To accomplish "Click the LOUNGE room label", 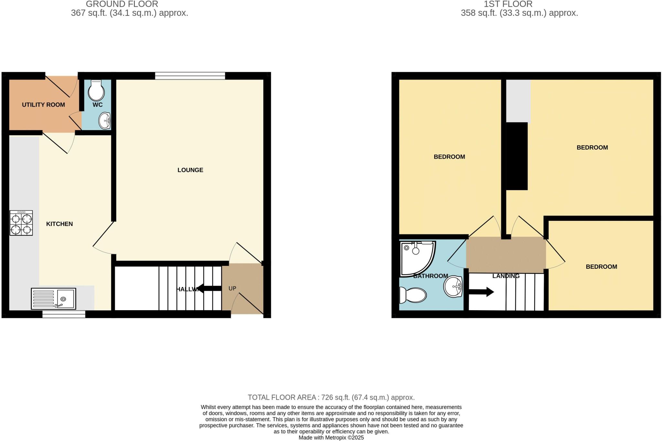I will pyautogui.click(x=190, y=170).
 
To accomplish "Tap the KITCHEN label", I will pyautogui.click(x=59, y=224).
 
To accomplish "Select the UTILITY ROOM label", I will pyautogui.click(x=43, y=105).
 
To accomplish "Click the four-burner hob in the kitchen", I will pyautogui.click(x=21, y=223).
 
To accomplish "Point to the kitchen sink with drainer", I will pyautogui.click(x=53, y=299).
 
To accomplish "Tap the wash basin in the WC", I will pyautogui.click(x=104, y=120).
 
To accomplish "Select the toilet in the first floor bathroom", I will pyautogui.click(x=413, y=295).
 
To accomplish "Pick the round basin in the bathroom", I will pyautogui.click(x=453, y=287).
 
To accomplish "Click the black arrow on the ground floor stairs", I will pyautogui.click(x=209, y=288).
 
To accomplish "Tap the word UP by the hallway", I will pyautogui.click(x=232, y=288).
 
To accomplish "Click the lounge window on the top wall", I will pyautogui.click(x=190, y=76).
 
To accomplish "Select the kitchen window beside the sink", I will pyautogui.click(x=64, y=314).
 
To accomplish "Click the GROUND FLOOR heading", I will pyautogui.click(x=122, y=4).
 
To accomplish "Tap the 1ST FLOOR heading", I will pyautogui.click(x=508, y=4).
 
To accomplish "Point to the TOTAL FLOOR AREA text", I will pyautogui.click(x=331, y=397).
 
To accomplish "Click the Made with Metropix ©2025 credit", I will pyautogui.click(x=331, y=438).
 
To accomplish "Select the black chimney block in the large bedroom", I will pyautogui.click(x=517, y=156).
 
